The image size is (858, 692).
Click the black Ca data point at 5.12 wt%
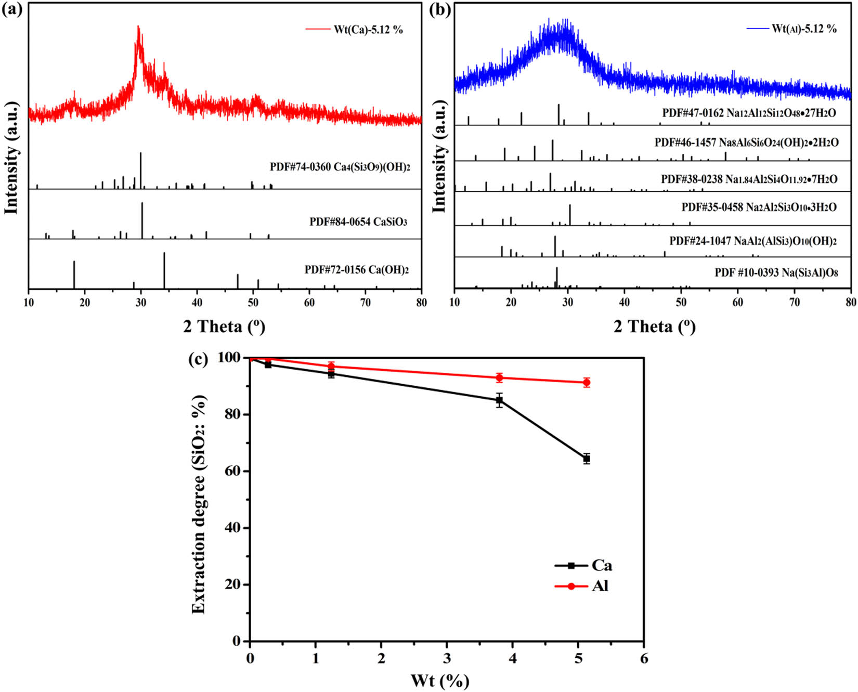pos(587,459)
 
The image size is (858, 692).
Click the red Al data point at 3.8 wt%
pos(499,378)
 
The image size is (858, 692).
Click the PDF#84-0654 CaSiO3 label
pos(358,222)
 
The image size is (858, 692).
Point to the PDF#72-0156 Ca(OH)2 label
pos(357,270)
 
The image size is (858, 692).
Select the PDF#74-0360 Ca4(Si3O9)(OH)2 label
pos(340,167)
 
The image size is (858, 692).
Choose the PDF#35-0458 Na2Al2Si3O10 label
pos(759,207)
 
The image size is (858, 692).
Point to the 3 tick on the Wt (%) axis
pos(447,658)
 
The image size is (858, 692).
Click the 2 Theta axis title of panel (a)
pos(224,327)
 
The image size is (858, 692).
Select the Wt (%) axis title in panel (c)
pos(440,681)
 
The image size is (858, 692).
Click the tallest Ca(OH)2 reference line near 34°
pos(164,270)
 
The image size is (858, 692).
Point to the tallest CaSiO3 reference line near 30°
pos(142,220)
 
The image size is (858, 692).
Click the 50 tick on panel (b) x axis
pos(681,303)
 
